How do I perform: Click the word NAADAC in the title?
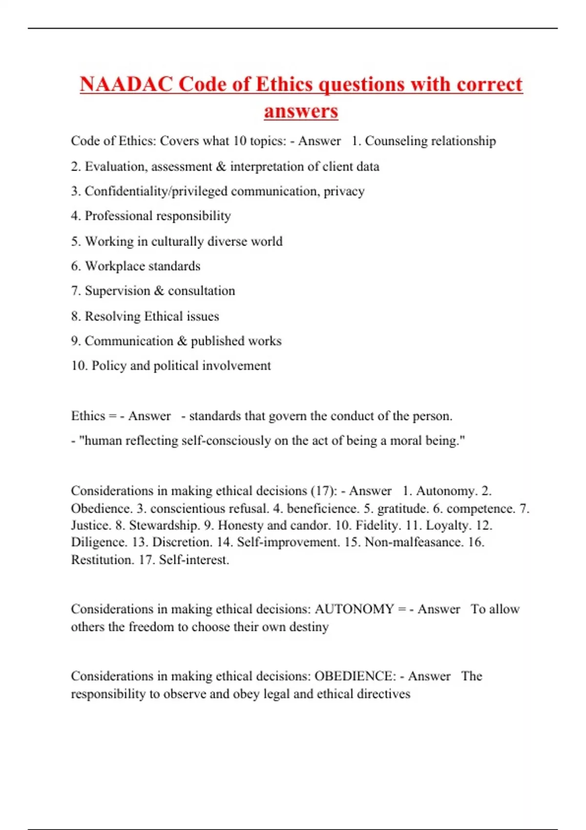[126, 84]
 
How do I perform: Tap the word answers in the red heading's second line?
[301, 111]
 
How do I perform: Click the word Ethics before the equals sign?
[88, 416]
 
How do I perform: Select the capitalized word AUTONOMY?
[354, 609]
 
